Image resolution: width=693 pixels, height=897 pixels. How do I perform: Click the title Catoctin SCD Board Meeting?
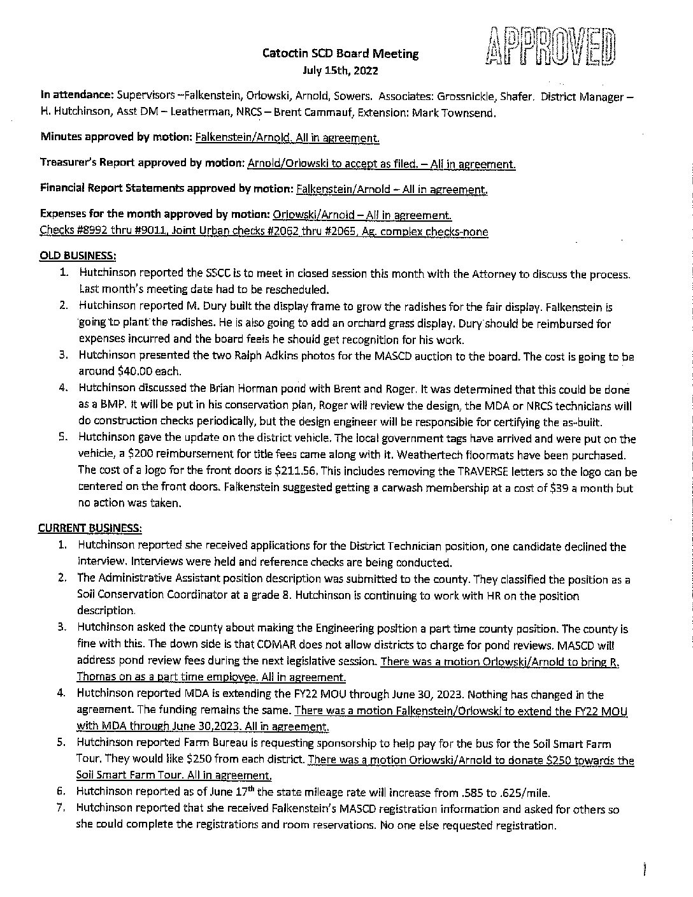coord(341,54)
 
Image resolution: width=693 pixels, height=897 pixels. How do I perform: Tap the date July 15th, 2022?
coord(341,71)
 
